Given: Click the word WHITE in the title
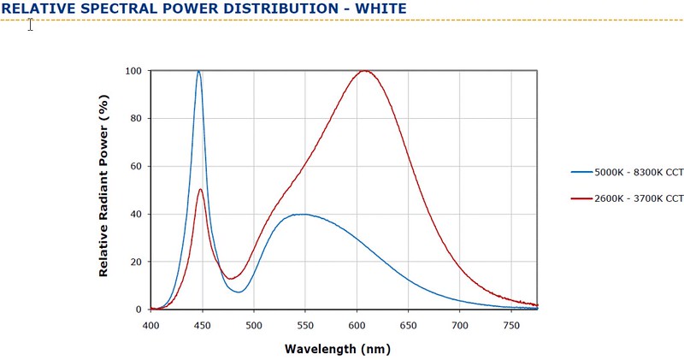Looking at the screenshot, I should coord(374,9).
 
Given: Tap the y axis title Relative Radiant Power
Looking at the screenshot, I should coord(103,190).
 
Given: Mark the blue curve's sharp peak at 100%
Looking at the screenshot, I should coord(199,71).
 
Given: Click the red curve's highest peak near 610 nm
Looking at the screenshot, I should coord(365,71).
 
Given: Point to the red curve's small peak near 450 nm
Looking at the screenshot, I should coord(200,189).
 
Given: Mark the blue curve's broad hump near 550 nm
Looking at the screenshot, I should coord(302,214).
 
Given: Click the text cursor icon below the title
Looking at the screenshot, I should coord(30,24).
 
